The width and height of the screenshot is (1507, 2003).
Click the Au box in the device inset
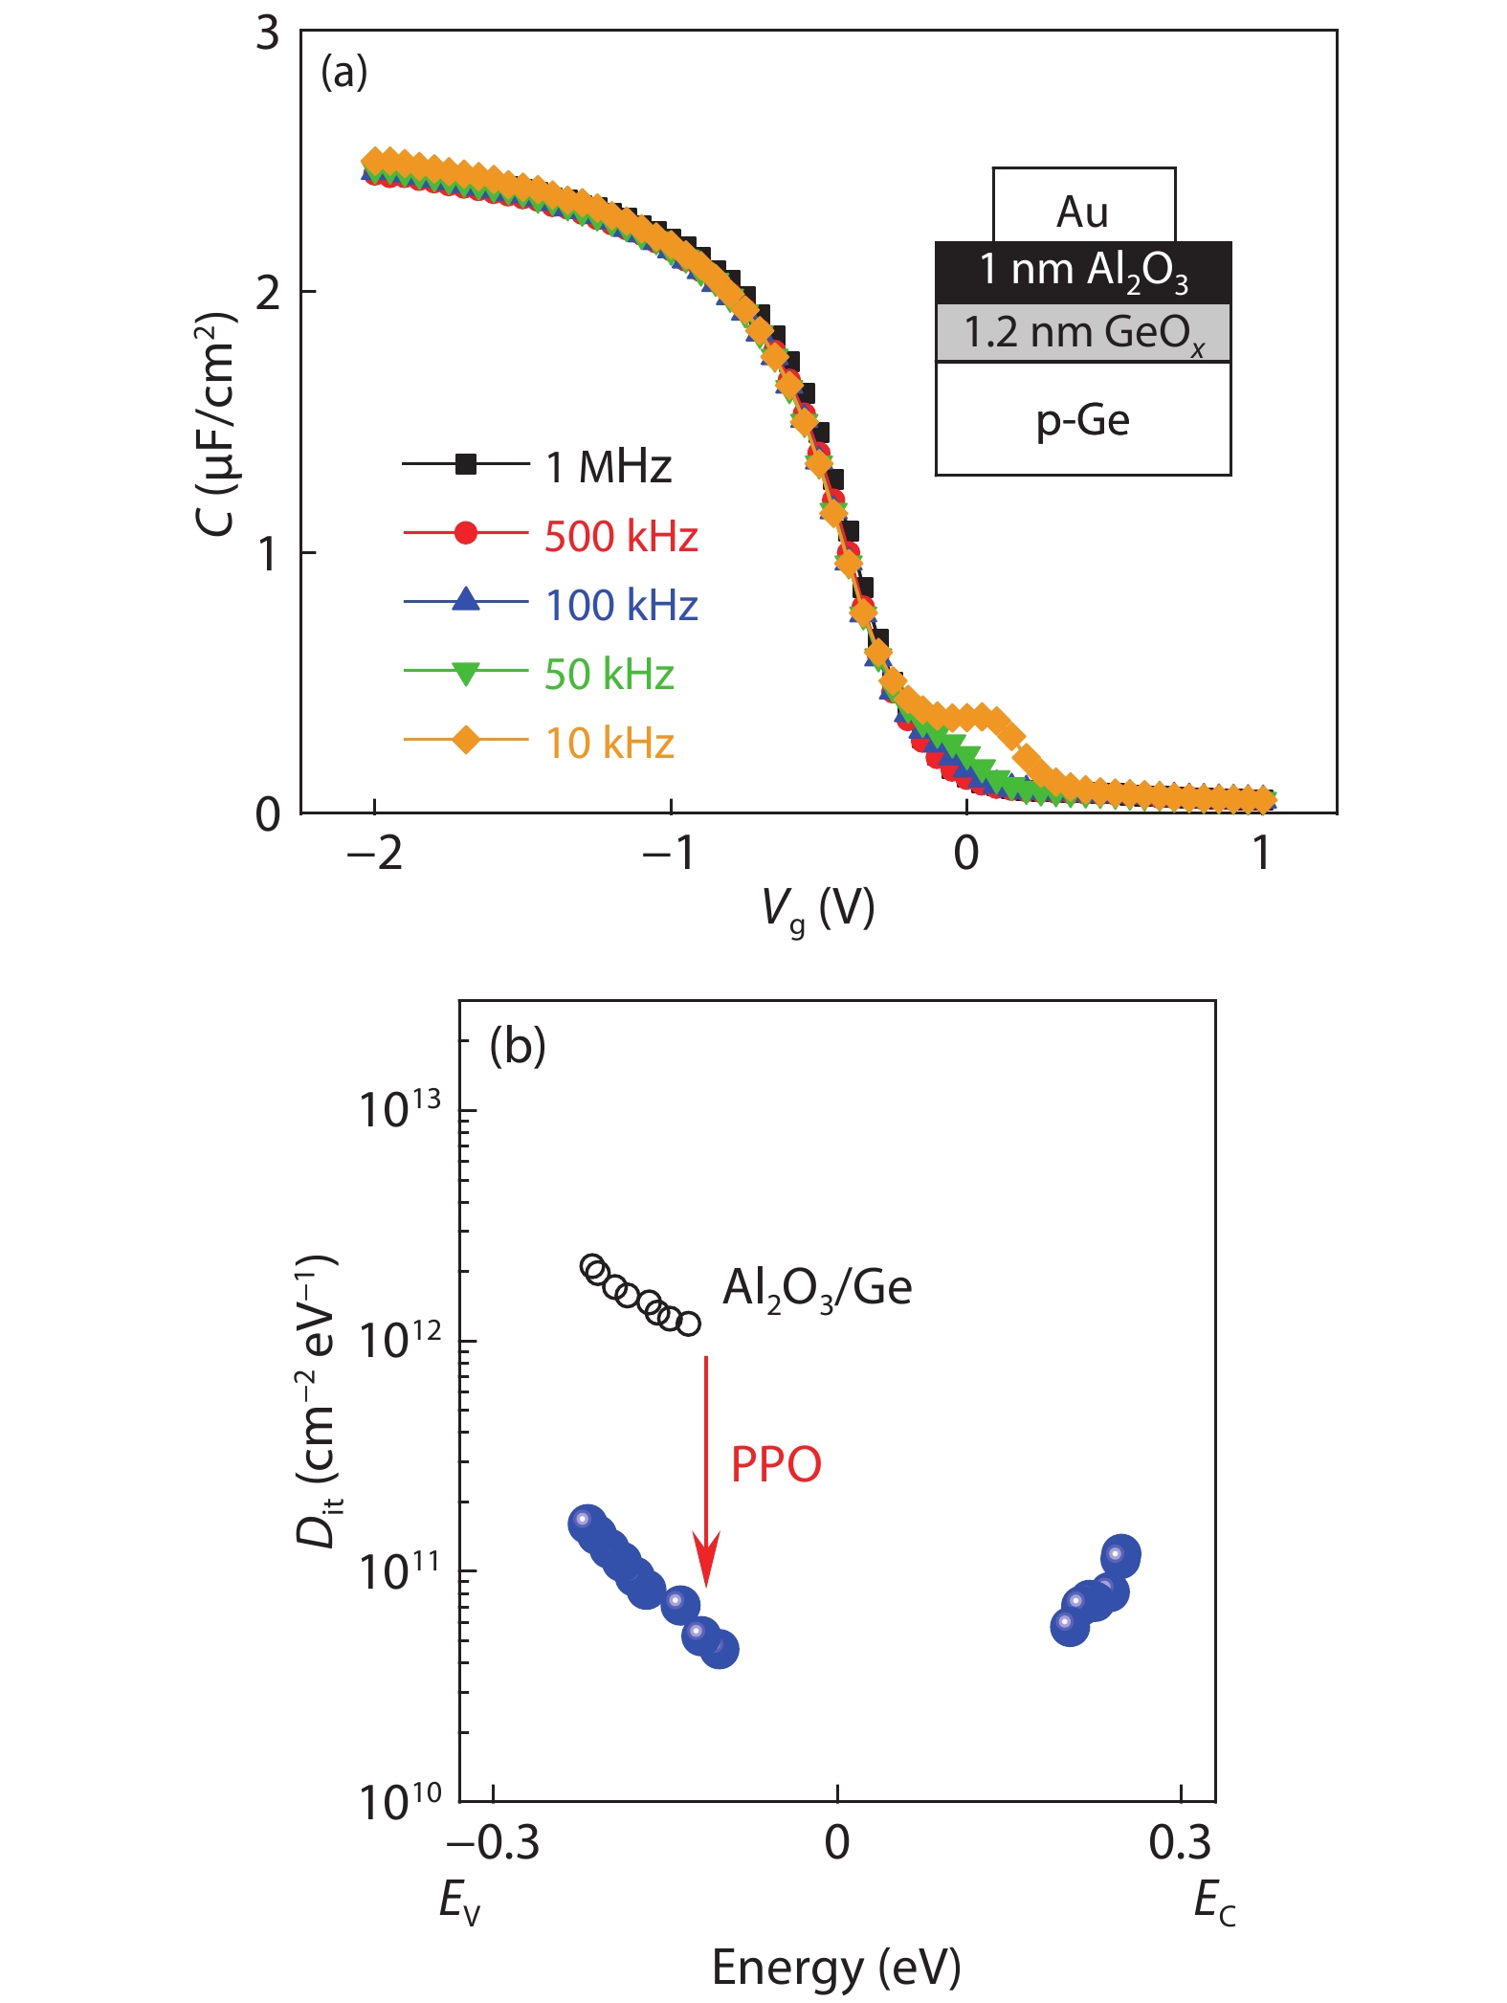click(1083, 211)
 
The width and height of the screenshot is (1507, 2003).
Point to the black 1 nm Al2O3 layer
click(1083, 272)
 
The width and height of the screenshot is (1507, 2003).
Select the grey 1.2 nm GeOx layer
click(1083, 333)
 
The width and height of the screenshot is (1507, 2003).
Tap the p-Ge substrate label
click(1083, 419)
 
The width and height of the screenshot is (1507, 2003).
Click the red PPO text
click(776, 1464)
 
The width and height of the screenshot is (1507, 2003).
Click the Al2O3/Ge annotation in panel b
click(817, 1287)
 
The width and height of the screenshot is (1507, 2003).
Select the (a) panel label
click(344, 72)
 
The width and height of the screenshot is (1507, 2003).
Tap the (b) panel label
click(518, 1046)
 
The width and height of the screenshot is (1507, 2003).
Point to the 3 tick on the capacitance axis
click(268, 33)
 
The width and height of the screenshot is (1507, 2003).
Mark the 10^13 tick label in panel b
click(401, 1110)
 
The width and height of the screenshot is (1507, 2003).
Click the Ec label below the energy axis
click(1214, 1901)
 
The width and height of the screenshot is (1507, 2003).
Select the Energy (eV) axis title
click(836, 1969)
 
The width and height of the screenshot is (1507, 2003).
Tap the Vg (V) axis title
click(818, 909)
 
